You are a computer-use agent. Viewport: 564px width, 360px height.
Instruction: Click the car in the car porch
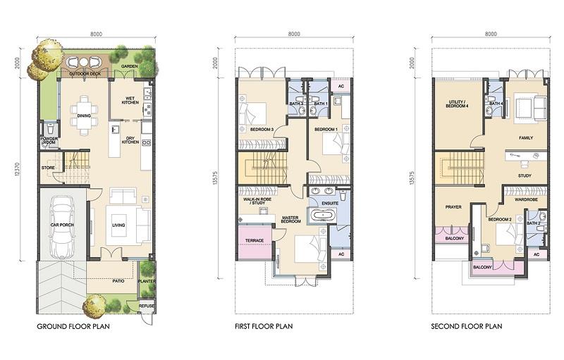click(x=62, y=227)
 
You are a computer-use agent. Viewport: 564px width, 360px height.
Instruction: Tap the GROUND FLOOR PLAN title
click(x=73, y=327)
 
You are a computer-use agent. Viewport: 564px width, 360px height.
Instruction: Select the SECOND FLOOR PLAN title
click(x=467, y=326)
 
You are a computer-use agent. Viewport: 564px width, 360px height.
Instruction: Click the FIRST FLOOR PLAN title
click(x=264, y=326)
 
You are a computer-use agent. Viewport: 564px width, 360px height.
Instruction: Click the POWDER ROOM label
click(x=49, y=140)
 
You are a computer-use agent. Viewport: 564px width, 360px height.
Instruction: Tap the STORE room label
click(x=48, y=168)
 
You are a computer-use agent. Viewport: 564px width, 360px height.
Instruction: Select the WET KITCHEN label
click(x=130, y=100)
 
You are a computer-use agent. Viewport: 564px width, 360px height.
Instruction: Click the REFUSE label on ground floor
click(x=147, y=306)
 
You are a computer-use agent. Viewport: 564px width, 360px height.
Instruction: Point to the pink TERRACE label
click(x=255, y=241)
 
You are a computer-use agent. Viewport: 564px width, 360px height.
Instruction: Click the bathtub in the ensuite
click(x=324, y=216)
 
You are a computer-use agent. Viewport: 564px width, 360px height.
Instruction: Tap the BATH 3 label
click(x=296, y=104)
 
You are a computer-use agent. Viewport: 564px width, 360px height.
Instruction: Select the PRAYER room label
click(x=453, y=207)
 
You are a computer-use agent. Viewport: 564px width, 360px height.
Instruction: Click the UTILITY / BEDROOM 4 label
click(x=457, y=104)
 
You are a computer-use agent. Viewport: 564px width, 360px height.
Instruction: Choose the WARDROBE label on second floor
click(x=526, y=199)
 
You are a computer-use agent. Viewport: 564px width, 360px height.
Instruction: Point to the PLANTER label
click(x=147, y=281)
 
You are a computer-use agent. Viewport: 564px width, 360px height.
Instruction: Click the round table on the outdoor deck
click(x=83, y=62)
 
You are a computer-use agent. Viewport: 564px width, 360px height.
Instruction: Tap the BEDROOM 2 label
click(x=500, y=219)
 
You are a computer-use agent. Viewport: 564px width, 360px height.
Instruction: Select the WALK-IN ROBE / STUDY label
click(x=257, y=201)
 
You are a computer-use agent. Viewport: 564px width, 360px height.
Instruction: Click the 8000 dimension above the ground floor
click(x=96, y=34)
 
